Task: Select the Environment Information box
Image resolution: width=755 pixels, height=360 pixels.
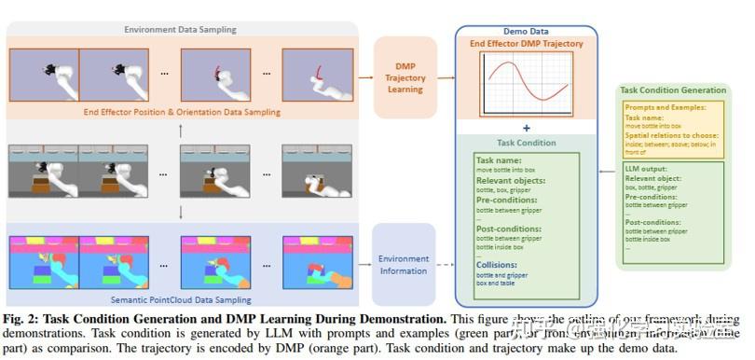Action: coord(404,265)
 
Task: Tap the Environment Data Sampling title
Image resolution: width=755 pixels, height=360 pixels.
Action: coord(181,29)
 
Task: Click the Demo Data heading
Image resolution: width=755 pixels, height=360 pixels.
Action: coord(527,31)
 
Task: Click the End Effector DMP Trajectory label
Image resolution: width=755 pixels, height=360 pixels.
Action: coord(527,44)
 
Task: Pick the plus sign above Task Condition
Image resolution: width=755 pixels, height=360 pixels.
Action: coord(526,128)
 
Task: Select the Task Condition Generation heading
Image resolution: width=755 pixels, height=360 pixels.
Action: coord(672,90)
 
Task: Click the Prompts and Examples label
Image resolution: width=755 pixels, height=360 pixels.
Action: coord(663,108)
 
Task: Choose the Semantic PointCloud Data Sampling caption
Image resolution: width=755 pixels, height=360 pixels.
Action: coord(181,299)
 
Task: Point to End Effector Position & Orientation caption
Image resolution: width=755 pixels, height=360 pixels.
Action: coord(181,112)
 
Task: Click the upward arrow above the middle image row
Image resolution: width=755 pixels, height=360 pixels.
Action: coord(181,131)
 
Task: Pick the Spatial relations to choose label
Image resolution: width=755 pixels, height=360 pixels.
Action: coord(669,135)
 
